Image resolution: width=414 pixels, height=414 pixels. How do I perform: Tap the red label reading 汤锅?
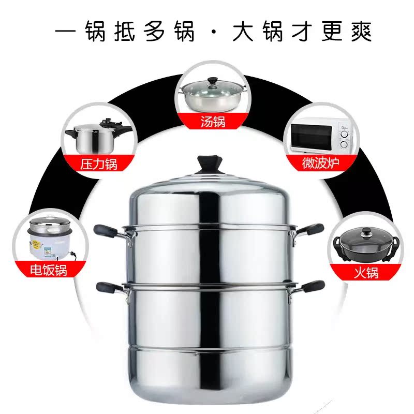(x=213, y=122)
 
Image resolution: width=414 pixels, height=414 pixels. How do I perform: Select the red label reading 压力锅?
(x=98, y=164)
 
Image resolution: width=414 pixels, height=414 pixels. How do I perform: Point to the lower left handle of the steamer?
(x=109, y=288)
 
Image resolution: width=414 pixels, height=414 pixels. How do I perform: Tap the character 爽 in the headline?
(x=359, y=31)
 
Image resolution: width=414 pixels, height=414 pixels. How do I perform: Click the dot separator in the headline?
(x=213, y=32)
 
